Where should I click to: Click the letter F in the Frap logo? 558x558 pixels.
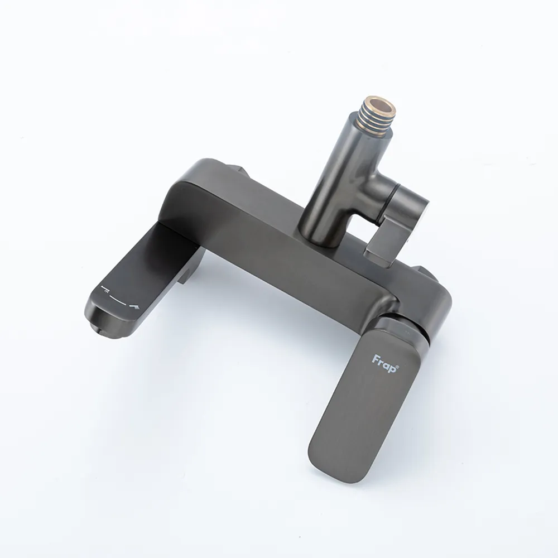coord(376,359)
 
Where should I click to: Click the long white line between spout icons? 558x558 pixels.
coord(120,299)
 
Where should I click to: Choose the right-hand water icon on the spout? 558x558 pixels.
coord(135,306)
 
